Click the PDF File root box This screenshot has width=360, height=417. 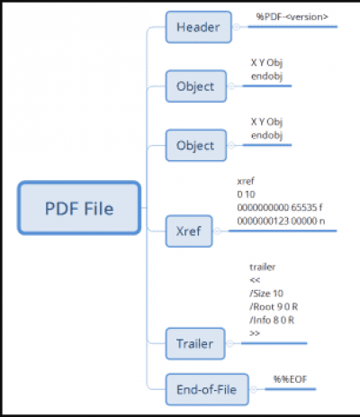(x=79, y=208)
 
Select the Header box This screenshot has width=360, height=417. (x=199, y=27)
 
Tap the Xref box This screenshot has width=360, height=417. (x=189, y=231)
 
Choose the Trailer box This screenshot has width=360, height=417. (x=195, y=344)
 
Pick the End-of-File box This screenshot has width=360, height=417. (x=207, y=390)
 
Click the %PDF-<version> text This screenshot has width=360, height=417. (x=292, y=17)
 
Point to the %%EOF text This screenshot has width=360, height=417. (x=290, y=379)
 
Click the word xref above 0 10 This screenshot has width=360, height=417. (x=246, y=181)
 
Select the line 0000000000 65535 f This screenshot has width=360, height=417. (x=280, y=207)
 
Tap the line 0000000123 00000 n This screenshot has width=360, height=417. (x=281, y=221)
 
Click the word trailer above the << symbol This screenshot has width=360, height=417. (x=263, y=267)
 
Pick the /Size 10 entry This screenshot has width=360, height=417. (x=266, y=294)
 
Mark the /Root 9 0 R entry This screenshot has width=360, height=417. (x=274, y=306)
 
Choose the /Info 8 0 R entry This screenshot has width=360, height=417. (x=272, y=320)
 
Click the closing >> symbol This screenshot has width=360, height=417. (x=255, y=333)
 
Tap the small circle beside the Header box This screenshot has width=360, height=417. (x=237, y=27)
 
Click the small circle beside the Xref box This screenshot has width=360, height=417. (x=217, y=231)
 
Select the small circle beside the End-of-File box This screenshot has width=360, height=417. (x=254, y=389)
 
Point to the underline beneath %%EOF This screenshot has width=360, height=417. (x=291, y=389)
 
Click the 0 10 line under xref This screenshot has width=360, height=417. (x=246, y=195)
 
